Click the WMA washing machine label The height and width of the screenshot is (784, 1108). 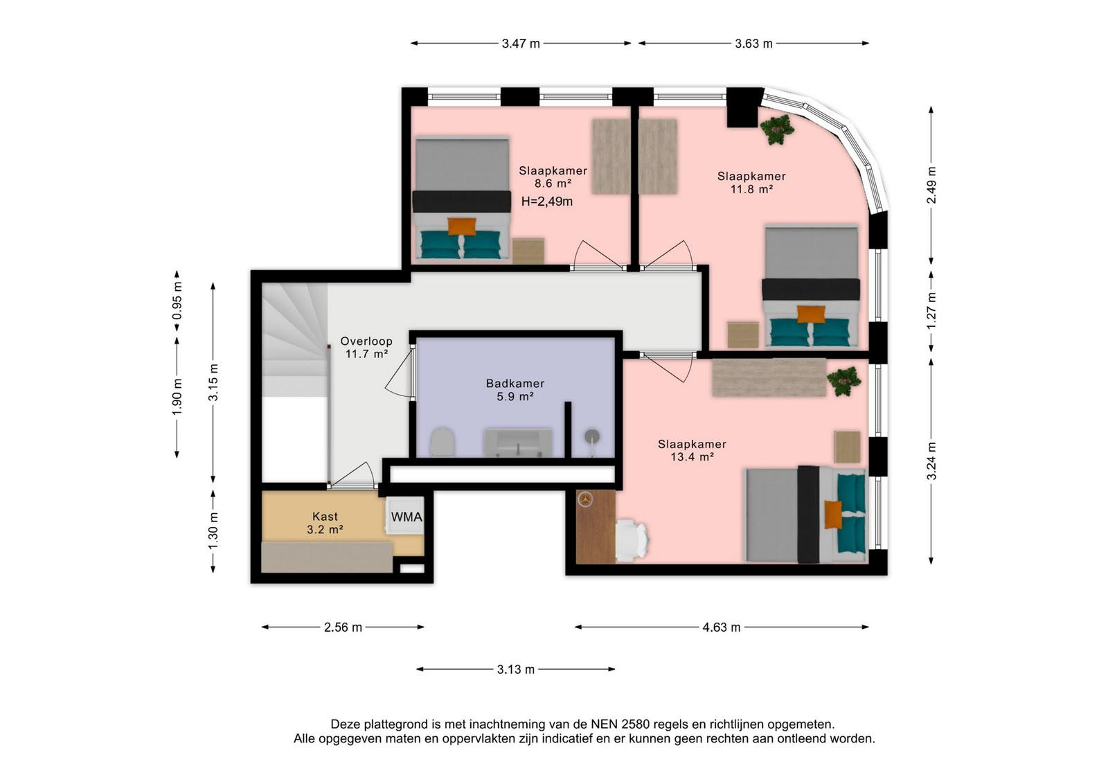point(406,517)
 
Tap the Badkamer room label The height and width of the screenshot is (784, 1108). point(515,384)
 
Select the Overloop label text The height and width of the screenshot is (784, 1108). point(366,341)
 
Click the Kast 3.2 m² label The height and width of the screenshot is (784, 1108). point(325,523)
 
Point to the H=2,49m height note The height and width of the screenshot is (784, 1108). point(547,202)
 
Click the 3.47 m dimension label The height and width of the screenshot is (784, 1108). point(521,44)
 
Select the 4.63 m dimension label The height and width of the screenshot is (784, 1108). point(722,627)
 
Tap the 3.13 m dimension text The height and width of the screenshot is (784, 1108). point(516,669)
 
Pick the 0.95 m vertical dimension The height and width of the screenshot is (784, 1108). point(177,301)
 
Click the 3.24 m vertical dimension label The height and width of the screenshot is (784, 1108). point(931,461)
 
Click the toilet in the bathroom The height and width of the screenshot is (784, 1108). point(443,441)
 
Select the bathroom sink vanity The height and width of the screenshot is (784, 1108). point(519,442)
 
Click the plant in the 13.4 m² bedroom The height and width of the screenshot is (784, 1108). point(844,381)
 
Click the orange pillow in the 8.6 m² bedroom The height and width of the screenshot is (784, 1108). point(462,226)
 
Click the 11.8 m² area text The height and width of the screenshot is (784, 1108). point(751,189)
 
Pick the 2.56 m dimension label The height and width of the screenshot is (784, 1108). point(343,627)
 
